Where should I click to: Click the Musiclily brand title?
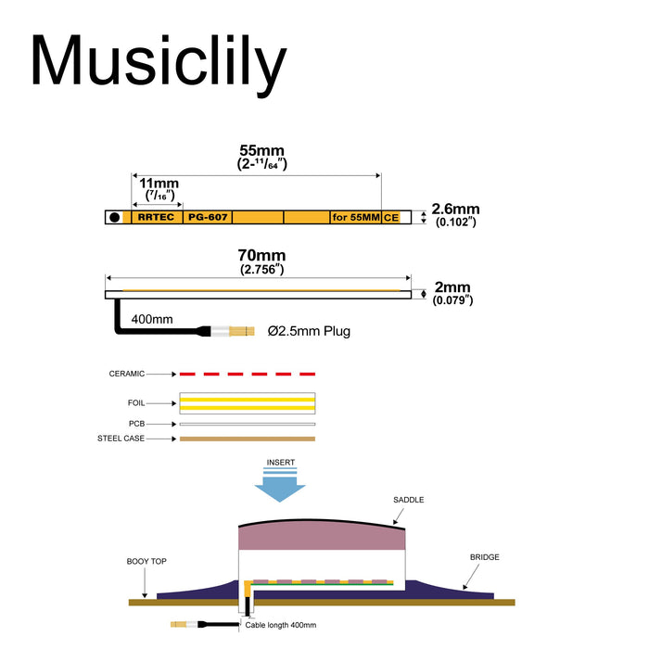click(159, 63)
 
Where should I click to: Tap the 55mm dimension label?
click(262, 150)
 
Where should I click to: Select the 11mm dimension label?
click(159, 183)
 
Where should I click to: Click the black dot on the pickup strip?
click(115, 217)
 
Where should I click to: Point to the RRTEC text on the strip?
click(156, 217)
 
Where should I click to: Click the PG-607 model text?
click(208, 217)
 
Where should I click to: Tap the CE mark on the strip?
click(391, 218)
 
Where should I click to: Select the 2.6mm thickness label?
click(456, 209)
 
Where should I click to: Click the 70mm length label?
click(261, 255)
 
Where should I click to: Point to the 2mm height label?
click(452, 286)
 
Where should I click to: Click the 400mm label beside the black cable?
click(152, 319)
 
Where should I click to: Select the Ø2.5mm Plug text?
click(309, 331)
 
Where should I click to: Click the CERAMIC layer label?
click(127, 374)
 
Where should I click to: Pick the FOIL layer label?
click(136, 403)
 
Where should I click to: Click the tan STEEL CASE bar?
click(248, 439)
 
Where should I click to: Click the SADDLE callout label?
click(409, 500)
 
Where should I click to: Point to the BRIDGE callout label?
click(485, 557)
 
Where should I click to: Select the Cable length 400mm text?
click(281, 625)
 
